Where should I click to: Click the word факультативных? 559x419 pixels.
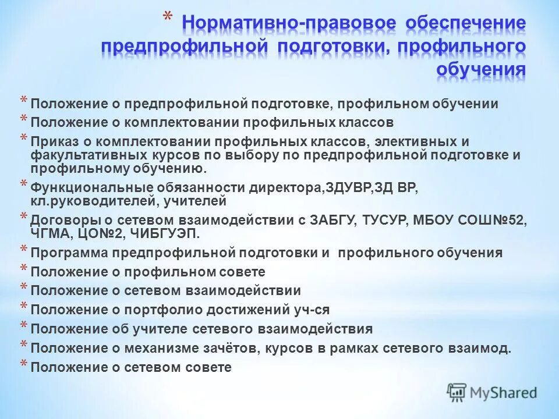(85, 155)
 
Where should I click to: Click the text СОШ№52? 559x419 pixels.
(498, 221)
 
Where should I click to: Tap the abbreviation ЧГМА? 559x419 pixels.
(50, 234)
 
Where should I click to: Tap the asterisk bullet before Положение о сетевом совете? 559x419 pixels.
(23, 365)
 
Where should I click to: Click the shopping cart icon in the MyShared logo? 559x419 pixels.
(457, 392)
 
